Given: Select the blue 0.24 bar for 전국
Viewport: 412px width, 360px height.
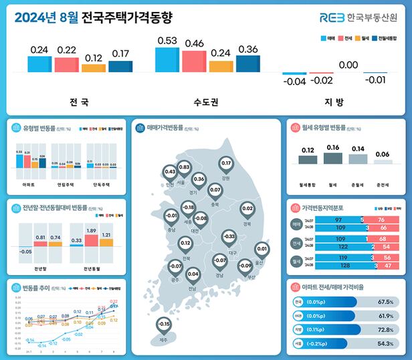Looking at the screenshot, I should coord(39,64).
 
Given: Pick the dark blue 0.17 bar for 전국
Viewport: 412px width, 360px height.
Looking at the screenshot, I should coord(120,66).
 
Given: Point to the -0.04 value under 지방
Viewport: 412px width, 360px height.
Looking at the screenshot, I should coord(294,81).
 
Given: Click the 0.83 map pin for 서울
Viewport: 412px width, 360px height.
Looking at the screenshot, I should coord(185,167).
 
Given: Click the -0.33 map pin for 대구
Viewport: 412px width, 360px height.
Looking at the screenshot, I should coord(229,237).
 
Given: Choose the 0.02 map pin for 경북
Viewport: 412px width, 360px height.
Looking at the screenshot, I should coord(247,209).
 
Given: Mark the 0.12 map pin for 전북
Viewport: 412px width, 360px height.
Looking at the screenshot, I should coord(185,244).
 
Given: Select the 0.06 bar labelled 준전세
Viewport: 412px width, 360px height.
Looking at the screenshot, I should coord(383,161).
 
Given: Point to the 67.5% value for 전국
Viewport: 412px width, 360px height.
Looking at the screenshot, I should coord(385,302).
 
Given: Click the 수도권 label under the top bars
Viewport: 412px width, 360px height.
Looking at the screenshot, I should coord(206,103).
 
